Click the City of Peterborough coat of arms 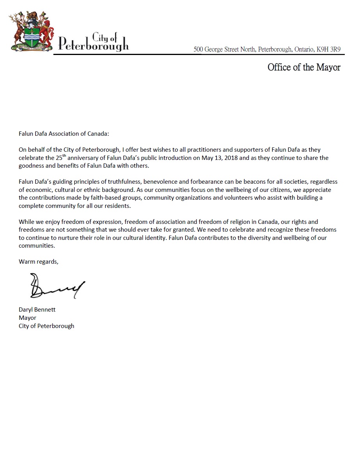point(32,32)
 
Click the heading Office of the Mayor point(304,67)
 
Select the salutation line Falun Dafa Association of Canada point(64,133)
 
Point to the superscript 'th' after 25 point(67,156)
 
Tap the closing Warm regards point(38,262)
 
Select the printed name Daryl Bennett point(37,309)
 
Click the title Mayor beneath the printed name point(27,317)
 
